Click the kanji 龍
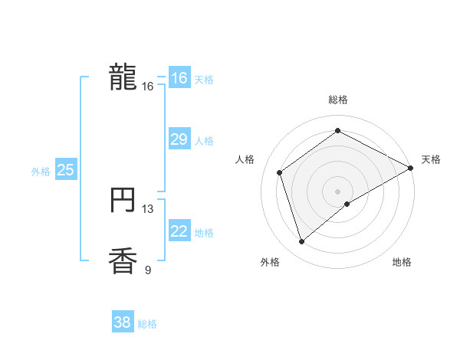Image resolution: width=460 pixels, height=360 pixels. click(123, 77)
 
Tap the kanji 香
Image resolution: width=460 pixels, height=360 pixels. click(123, 261)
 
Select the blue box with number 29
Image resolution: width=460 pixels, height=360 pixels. click(179, 139)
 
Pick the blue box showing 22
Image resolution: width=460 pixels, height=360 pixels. click(179, 231)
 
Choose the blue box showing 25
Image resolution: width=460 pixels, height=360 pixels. click(65, 170)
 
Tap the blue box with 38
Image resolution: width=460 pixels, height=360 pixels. click(122, 322)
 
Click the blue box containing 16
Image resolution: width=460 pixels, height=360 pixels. click(179, 78)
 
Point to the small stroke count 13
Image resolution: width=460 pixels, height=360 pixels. click(148, 208)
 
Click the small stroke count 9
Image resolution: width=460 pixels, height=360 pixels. click(148, 269)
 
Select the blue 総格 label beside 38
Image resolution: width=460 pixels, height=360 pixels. click(147, 324)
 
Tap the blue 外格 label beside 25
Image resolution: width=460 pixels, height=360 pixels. click(41, 172)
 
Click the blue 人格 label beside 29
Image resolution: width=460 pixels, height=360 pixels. click(204, 141)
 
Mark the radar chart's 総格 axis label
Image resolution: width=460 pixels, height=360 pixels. click(338, 100)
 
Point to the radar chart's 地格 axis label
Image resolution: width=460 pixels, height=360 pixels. click(402, 263)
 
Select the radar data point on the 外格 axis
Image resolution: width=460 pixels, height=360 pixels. click(302, 242)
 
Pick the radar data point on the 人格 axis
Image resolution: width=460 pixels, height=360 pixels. click(281, 172)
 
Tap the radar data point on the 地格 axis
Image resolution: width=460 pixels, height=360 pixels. click(347, 204)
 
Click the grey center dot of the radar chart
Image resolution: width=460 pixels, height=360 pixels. click(338, 191)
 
